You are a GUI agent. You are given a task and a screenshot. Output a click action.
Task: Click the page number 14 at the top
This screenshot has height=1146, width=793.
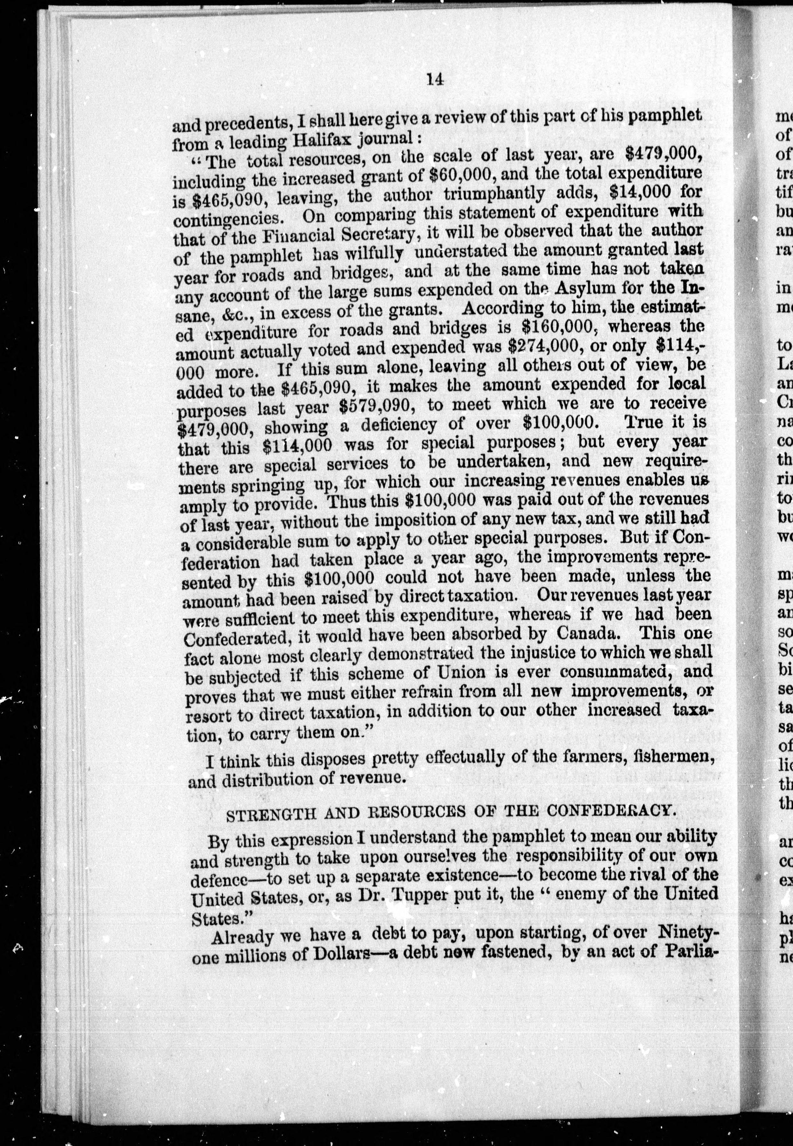(434, 80)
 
